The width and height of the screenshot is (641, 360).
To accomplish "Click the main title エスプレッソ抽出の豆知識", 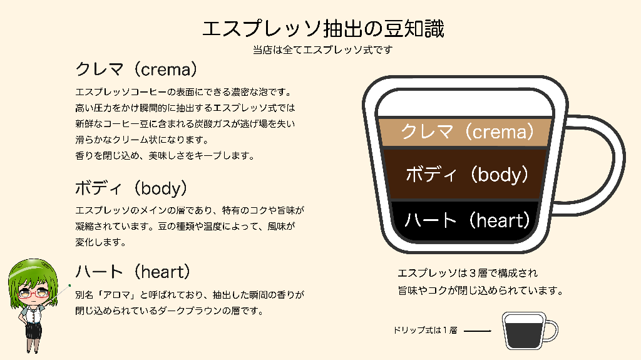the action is [323, 29].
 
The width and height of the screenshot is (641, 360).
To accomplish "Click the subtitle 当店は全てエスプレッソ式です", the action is [322, 50].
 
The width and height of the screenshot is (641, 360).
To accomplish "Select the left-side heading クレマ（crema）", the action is [136, 69].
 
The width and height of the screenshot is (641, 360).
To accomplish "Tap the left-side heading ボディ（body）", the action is [131, 188].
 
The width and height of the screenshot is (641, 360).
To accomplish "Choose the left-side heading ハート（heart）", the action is [133, 272].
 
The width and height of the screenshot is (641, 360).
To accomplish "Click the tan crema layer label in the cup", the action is [467, 131].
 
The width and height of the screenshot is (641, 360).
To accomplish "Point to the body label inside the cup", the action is [467, 174].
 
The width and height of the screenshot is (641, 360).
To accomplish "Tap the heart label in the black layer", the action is [467, 220].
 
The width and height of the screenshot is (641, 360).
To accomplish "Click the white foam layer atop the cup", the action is [466, 104].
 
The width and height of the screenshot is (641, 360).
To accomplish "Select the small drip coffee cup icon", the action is [530, 331].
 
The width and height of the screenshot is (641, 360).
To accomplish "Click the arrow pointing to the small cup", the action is [478, 331].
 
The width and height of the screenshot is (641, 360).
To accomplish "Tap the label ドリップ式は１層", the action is [425, 330].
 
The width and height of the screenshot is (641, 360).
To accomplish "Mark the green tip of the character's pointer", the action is [70, 285].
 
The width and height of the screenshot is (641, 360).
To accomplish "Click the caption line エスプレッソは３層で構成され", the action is [468, 273].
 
